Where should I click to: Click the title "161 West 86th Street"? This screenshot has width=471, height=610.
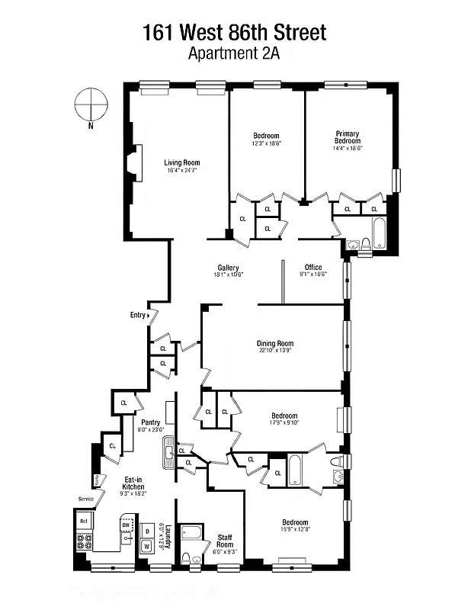(x=235, y=32)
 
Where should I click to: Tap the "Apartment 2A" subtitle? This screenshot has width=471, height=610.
(x=235, y=53)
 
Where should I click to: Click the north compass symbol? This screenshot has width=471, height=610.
(x=90, y=104)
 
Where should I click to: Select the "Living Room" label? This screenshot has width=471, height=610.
(x=182, y=162)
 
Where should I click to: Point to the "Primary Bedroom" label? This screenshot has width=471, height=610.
(x=347, y=137)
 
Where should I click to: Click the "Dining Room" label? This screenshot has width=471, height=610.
(x=275, y=343)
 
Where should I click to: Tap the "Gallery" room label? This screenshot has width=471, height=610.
(x=228, y=268)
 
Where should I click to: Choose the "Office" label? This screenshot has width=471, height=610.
(x=313, y=268)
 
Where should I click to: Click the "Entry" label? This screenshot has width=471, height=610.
(x=138, y=315)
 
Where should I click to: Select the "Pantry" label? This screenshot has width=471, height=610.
(x=150, y=422)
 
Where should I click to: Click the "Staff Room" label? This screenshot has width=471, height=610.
(x=225, y=540)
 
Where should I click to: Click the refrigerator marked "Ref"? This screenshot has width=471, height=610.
(x=85, y=522)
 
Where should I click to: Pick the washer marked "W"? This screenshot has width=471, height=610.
(x=146, y=546)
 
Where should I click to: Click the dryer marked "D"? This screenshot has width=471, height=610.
(x=146, y=529)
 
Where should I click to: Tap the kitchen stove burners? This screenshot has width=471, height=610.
(x=85, y=543)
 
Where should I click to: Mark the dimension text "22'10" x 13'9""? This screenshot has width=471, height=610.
(x=275, y=352)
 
